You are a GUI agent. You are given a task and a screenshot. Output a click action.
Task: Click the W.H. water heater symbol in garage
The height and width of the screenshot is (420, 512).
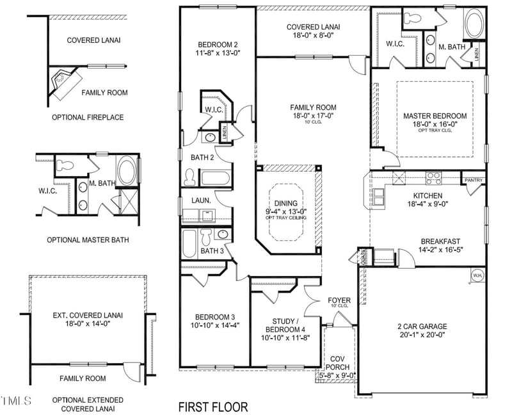point(477,275)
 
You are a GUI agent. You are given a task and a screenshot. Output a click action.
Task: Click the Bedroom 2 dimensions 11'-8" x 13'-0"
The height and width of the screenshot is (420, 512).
point(218,54)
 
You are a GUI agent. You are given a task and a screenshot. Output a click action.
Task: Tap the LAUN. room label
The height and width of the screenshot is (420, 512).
point(197,200)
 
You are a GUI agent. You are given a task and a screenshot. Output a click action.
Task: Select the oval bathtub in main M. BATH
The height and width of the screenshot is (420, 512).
point(474,24)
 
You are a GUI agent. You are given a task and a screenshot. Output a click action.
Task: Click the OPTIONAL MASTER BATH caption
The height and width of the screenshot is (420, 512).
point(88,240)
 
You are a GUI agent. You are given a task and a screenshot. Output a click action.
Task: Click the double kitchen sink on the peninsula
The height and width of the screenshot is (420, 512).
point(379,200)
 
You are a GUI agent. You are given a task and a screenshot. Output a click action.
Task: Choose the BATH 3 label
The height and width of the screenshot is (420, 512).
point(212,251)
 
